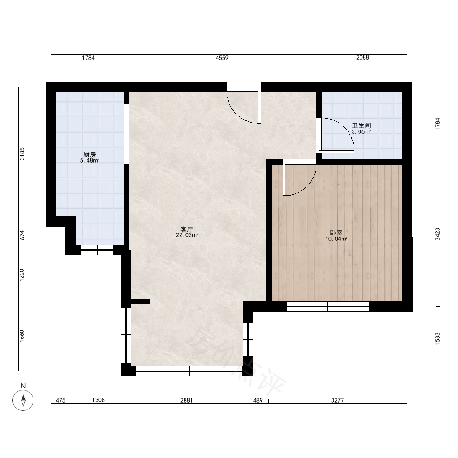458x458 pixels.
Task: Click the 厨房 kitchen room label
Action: point(90,154)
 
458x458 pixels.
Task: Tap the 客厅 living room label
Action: point(187,229)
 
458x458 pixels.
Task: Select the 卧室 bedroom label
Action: point(336,233)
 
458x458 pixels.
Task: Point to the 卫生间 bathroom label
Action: point(361,125)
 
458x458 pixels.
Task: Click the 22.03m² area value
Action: point(187,235)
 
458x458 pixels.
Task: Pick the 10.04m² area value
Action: point(336,239)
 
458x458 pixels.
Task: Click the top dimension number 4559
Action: point(222,58)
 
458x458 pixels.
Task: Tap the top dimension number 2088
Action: point(362,58)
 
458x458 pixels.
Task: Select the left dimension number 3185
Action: point(22,154)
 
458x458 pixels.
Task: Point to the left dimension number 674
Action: point(22,235)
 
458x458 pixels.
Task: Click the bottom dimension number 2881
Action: point(187,400)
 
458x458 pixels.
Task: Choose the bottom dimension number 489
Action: point(258,400)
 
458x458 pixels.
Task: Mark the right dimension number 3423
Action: point(437,234)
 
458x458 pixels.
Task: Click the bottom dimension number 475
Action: point(60,400)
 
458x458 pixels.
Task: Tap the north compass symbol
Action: point(23,400)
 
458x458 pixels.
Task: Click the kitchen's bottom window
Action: point(97,250)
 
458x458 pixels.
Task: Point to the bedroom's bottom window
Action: point(328,306)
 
